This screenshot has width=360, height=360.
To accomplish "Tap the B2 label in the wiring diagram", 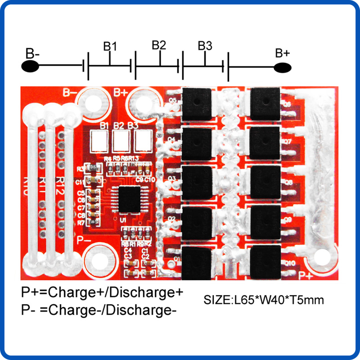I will (158, 45).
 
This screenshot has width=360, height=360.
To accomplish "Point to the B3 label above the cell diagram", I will (205, 46).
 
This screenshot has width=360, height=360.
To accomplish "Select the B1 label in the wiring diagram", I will (110, 46).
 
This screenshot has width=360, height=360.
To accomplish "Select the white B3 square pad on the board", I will (143, 141).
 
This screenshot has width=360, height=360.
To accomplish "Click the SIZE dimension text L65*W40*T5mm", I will (264, 300).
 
